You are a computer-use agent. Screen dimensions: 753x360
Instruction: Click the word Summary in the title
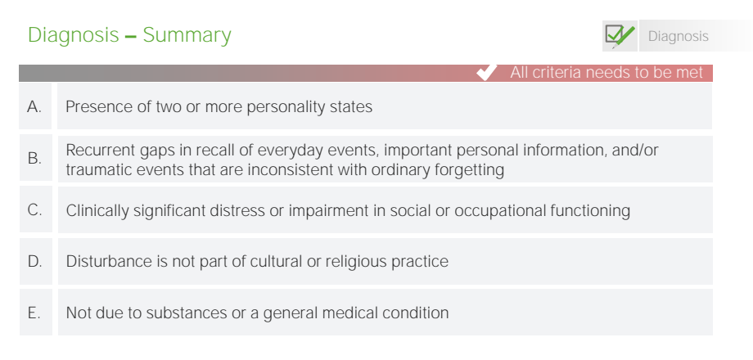187,35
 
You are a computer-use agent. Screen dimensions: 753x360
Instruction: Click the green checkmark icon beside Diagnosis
620,36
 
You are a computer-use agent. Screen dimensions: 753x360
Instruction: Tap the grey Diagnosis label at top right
678,36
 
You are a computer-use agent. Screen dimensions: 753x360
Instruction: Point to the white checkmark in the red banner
487,73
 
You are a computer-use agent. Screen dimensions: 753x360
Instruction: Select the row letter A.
34,106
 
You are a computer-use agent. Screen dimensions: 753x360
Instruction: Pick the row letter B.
34,158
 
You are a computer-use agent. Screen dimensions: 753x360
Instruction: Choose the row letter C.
34,209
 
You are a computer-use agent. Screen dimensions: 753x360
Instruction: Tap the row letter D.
34,262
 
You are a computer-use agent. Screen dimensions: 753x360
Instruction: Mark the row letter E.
34,313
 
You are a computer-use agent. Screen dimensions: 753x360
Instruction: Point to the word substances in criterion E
183,313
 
